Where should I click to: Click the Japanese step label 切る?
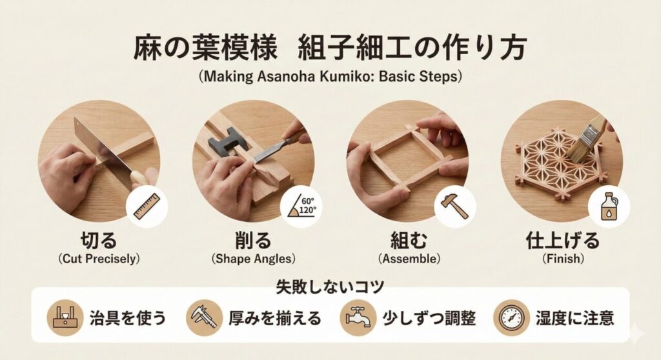click(99, 241)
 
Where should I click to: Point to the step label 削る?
click(253, 241)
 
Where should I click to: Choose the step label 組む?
click(407, 241)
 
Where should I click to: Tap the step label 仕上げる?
click(562, 241)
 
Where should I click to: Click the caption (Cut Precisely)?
click(99, 259)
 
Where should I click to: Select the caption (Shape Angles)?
click(253, 259)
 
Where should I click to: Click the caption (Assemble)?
click(407, 259)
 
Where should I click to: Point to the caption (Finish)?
click(562, 259)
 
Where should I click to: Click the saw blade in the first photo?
click(97, 145)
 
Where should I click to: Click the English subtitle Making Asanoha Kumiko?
click(330, 76)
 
